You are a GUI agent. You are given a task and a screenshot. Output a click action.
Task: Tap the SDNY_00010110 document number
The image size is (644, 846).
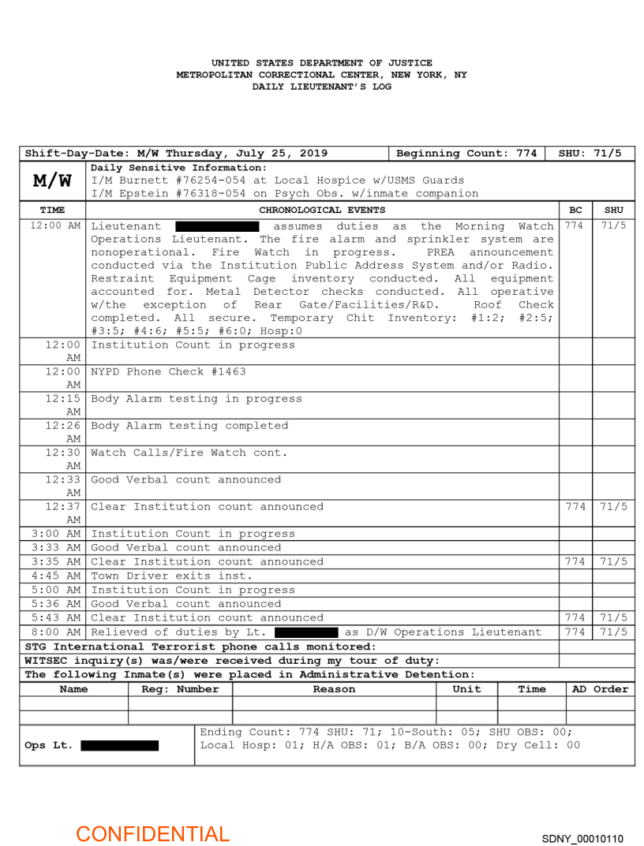coord(582,838)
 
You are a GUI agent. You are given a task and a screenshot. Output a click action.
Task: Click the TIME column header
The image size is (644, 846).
coord(52,210)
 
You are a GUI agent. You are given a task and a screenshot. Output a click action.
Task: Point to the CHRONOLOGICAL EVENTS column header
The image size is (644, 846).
coord(322,210)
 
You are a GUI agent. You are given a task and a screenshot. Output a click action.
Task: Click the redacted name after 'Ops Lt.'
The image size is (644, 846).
coord(119,746)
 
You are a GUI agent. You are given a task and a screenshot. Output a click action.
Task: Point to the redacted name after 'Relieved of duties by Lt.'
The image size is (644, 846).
coord(307,632)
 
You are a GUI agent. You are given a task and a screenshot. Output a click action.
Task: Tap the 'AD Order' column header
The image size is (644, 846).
coord(600,689)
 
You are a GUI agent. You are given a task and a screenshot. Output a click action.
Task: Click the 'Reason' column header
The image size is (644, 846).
coord(334,689)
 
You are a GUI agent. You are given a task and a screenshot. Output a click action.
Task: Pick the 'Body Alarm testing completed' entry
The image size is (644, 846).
coord(190,426)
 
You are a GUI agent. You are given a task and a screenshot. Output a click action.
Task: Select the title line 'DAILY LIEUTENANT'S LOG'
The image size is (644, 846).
coord(321,87)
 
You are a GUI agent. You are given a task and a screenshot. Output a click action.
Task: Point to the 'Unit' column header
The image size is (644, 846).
coord(466,689)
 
